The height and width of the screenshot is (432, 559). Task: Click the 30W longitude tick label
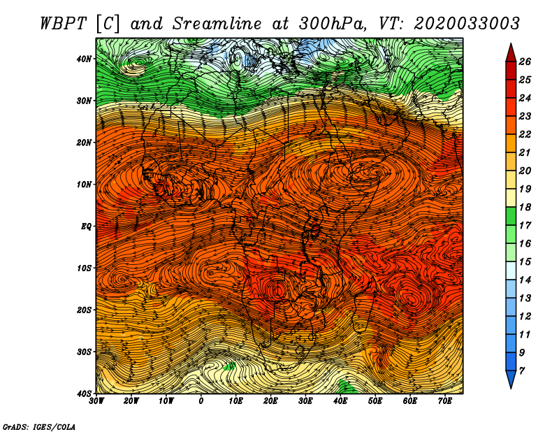tap(97, 401)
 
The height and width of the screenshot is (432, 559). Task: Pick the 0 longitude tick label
tap(201, 401)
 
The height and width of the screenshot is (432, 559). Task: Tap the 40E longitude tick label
tap(340, 401)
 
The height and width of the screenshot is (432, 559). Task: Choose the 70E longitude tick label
tap(445, 401)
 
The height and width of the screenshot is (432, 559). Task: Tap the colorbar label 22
tap(528, 134)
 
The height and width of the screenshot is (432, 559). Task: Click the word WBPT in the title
tap(64, 22)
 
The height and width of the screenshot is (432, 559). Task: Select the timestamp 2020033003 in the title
tap(467, 22)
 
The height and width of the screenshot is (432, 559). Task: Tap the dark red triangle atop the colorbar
tap(510, 53)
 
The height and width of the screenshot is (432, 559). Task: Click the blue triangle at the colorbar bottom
tap(510, 379)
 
